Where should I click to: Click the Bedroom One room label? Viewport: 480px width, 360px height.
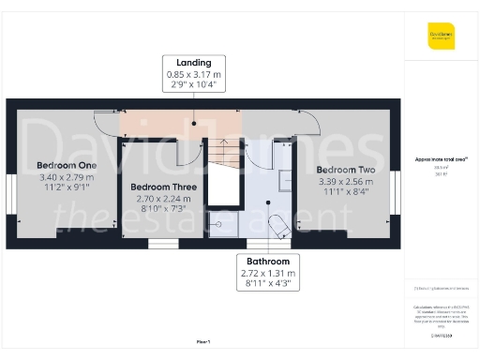click(60, 165)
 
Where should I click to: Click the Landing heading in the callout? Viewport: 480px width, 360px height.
click(193, 62)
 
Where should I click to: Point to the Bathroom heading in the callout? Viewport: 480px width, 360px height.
click(268, 260)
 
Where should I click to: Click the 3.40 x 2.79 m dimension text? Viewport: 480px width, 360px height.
click(60, 175)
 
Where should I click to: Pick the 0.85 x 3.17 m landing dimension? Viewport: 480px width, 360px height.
click(193, 74)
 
